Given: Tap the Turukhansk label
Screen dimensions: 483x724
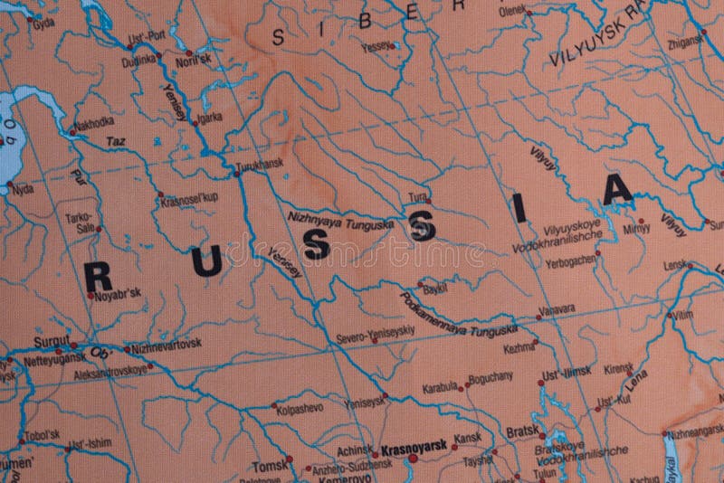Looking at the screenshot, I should click(259, 164).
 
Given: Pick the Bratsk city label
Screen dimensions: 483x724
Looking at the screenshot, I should click(522, 431).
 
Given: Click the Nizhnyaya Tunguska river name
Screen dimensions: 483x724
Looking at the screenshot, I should click(340, 220).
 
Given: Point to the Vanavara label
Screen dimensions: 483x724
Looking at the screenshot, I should click(557, 308).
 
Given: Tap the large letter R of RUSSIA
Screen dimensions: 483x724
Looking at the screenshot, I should click(98, 277).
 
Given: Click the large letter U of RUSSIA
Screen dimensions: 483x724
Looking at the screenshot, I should click(205, 261).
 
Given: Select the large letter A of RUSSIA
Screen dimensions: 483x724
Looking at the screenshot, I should click(618, 189).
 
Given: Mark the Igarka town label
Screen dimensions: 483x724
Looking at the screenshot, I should click(207, 117).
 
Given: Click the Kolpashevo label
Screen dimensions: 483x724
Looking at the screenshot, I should click(300, 408).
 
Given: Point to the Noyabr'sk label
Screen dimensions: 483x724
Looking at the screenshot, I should click(117, 293).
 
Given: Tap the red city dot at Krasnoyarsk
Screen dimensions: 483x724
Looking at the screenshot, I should click(413, 459).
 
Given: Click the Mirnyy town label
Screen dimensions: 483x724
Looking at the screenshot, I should click(636, 229).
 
